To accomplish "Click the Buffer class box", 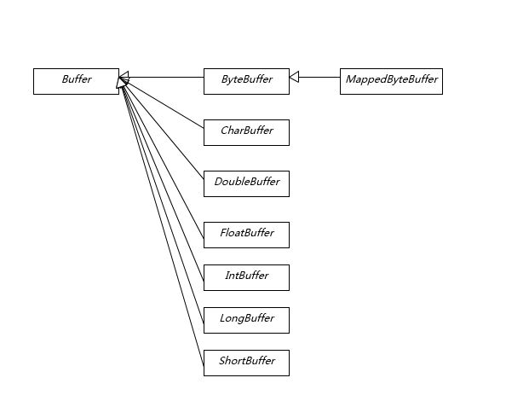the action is [x=76, y=81].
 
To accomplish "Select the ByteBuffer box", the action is [x=246, y=81].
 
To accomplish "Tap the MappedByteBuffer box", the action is [x=391, y=81].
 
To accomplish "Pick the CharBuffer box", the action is [x=246, y=132].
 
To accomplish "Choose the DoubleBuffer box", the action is [x=246, y=183].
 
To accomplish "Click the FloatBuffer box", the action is [x=246, y=235].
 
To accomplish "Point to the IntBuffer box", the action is [x=246, y=277].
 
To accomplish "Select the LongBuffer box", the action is [x=246, y=320].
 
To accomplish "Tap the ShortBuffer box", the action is [x=246, y=363].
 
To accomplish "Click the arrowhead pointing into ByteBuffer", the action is [x=294, y=78].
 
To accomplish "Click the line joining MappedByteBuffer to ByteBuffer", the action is [x=319, y=78].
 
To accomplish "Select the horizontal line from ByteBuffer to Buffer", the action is [x=166, y=78].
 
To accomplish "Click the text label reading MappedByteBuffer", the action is [x=392, y=79].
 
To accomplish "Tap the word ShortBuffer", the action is [x=247, y=360].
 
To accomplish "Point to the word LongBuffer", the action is [x=247, y=318].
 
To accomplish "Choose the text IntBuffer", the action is [x=247, y=276].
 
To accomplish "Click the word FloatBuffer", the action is [x=247, y=233].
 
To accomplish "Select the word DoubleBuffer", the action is [x=247, y=181].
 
